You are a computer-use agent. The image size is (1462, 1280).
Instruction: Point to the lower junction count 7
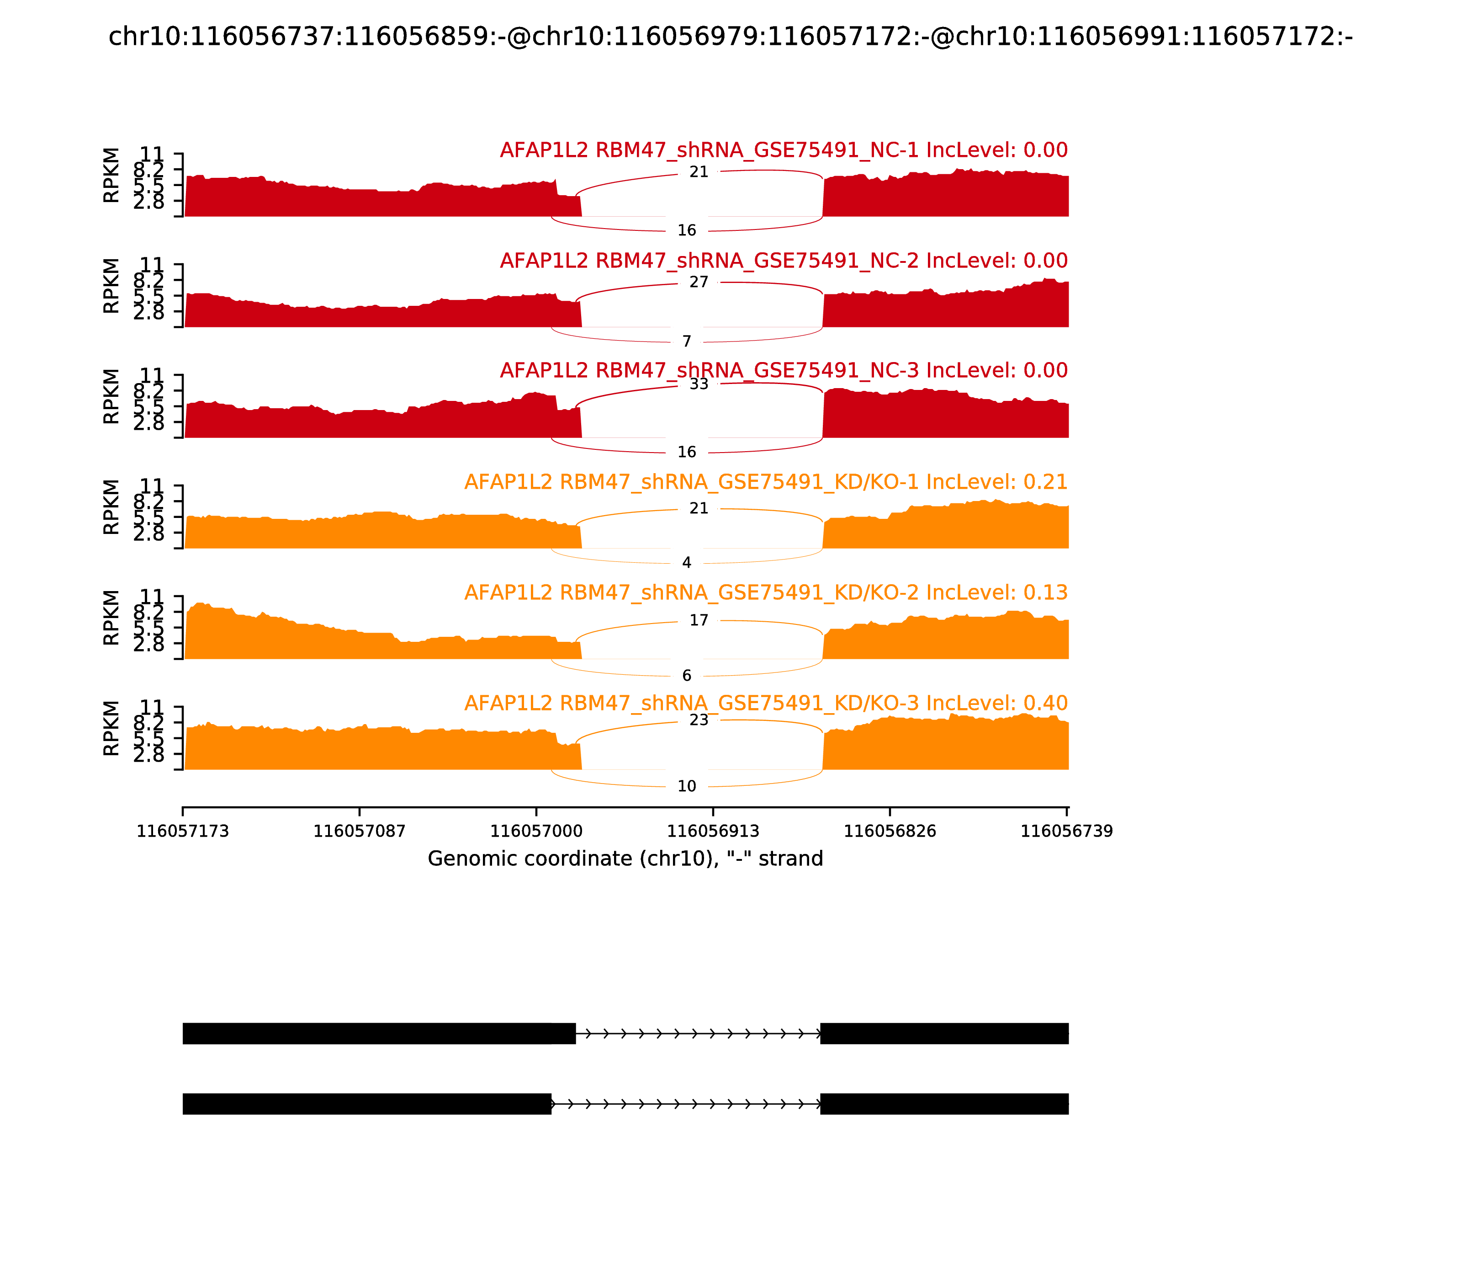(687, 341)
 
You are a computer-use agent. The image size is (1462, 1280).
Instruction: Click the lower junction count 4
(687, 563)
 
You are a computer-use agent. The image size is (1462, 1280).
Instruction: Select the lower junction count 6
(687, 676)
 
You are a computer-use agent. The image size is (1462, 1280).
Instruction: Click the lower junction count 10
(687, 786)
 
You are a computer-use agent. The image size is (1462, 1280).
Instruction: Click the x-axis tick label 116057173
(183, 832)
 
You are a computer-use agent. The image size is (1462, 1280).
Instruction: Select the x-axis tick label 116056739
(1066, 832)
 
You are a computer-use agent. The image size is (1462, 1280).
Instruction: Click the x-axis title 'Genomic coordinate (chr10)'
(625, 859)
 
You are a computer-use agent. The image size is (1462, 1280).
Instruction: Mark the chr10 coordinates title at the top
(730, 37)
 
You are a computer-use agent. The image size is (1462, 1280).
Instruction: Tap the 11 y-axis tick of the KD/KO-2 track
(151, 597)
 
